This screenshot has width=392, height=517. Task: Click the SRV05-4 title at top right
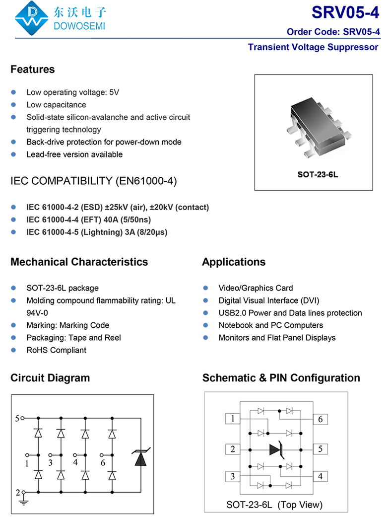tap(345, 12)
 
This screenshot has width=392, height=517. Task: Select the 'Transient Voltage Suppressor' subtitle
tap(313, 47)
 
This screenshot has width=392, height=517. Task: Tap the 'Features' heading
tap(32, 69)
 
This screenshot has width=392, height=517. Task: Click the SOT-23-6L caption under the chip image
tap(314, 175)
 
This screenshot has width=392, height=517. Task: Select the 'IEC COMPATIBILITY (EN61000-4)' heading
tap(93, 181)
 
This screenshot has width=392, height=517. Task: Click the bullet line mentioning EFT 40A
tap(89, 220)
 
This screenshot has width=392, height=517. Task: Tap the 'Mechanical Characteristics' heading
tap(79, 262)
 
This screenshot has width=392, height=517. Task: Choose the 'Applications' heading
tap(233, 262)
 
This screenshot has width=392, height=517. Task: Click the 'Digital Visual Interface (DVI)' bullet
tap(268, 300)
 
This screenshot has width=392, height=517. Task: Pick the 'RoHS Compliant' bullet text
tap(56, 350)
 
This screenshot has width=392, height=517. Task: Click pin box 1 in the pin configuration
tap(232, 419)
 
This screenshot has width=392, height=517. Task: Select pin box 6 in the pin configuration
tap(321, 419)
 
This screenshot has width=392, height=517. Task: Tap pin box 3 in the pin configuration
tap(232, 477)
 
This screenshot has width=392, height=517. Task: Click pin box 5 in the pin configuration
tap(321, 449)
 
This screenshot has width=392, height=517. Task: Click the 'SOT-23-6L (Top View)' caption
tap(274, 505)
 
